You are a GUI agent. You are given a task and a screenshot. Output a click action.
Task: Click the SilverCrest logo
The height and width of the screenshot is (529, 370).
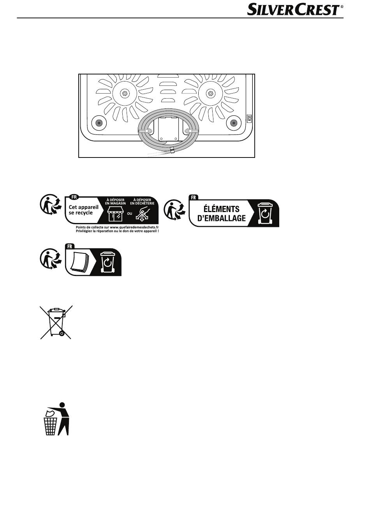[295, 9]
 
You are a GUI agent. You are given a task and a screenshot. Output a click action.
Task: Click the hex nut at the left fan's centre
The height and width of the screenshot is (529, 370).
[125, 93]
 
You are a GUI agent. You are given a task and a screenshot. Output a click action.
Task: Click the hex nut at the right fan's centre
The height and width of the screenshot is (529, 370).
[210, 93]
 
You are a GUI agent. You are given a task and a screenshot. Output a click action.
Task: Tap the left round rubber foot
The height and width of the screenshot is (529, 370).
[99, 123]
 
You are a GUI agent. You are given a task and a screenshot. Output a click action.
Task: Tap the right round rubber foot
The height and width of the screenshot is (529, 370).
[234, 123]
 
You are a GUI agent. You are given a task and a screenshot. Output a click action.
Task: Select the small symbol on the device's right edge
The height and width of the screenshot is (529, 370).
[249, 119]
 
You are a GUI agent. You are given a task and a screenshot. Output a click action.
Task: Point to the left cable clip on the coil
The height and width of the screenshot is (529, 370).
[146, 130]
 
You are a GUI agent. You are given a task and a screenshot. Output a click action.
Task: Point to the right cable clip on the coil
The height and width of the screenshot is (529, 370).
[192, 130]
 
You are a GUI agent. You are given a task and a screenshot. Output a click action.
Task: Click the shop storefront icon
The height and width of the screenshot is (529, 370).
[115, 214]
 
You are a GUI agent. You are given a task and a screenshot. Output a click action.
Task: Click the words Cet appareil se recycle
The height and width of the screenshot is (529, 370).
[83, 210]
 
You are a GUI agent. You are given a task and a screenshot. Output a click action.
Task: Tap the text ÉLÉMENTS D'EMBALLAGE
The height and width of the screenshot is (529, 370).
[221, 214]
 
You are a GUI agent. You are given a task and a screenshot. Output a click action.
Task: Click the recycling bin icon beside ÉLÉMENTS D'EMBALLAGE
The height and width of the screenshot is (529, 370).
[265, 213]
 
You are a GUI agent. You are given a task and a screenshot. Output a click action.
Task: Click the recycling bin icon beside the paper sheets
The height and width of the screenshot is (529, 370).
[108, 262]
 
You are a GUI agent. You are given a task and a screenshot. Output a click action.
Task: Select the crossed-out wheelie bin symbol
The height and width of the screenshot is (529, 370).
[56, 322]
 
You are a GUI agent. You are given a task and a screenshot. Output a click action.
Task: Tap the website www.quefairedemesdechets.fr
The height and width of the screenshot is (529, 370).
[134, 227]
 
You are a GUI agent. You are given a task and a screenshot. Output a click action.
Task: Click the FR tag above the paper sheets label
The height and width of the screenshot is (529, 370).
[70, 246]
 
